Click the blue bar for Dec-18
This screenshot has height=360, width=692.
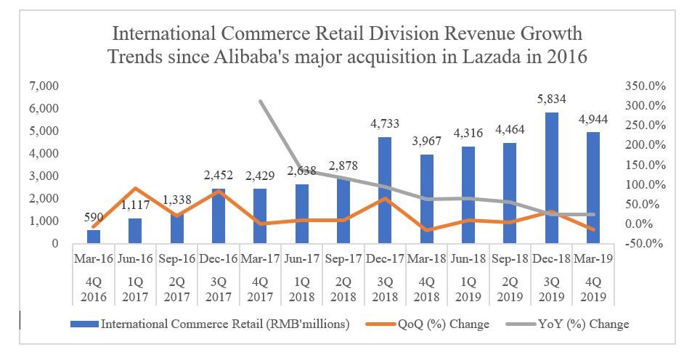pyautogui.click(x=552, y=178)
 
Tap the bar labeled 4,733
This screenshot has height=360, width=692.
pyautogui.click(x=385, y=190)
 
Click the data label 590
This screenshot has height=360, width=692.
pyautogui.click(x=94, y=217)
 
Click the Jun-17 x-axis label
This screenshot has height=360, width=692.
pyautogui.click(x=301, y=258)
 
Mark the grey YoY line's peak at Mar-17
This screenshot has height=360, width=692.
pyautogui.click(x=260, y=101)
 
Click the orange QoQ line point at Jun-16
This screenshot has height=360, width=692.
pyautogui.click(x=135, y=189)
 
